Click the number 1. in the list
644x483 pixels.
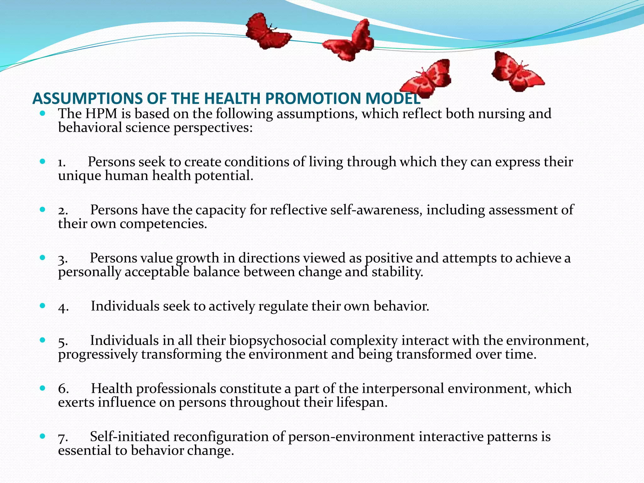(x=62, y=162)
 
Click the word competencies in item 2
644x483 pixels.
(x=163, y=224)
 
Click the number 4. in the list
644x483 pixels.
(x=63, y=307)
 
